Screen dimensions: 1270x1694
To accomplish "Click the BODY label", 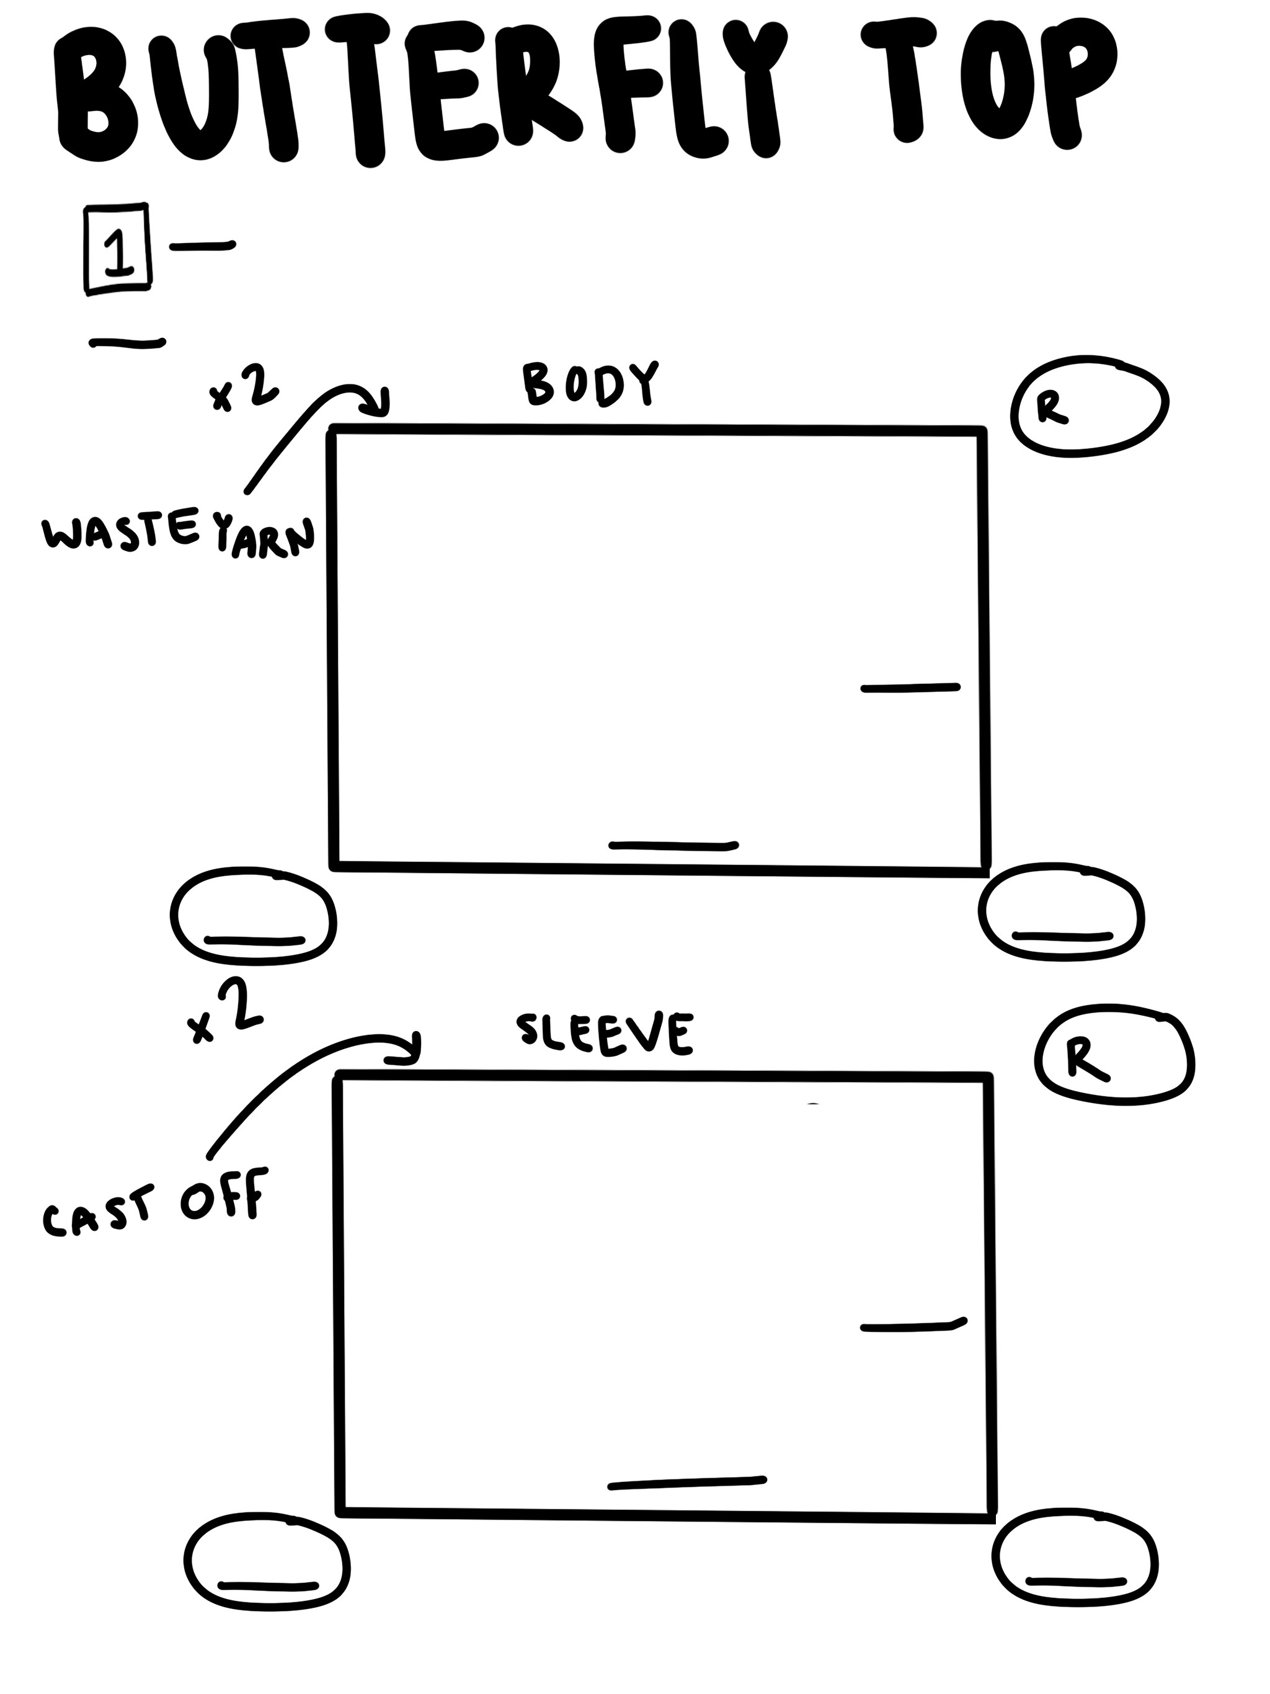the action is (x=590, y=383).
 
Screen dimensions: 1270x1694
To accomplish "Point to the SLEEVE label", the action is (x=605, y=1034).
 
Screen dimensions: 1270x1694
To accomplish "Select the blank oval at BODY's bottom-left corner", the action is (x=254, y=915).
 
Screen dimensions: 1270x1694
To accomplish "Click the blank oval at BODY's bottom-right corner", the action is (x=1062, y=911).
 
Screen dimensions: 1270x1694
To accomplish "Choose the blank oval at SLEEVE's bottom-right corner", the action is (x=1075, y=1556).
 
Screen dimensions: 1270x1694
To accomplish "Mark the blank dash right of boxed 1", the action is (x=202, y=246).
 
